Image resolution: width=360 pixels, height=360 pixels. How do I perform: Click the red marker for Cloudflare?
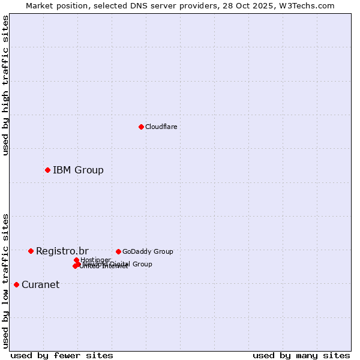pyautogui.click(x=141, y=127)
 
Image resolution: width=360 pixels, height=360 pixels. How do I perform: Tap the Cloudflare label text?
pyautogui.click(x=161, y=127)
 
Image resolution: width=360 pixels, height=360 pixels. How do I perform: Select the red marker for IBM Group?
pyautogui.click(x=47, y=170)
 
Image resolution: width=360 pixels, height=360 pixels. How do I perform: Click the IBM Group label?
pyautogui.click(x=78, y=170)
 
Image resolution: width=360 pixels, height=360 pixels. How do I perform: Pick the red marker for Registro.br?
pyautogui.click(x=31, y=251)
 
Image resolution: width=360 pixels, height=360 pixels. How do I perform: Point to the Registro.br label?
pyautogui.click(x=62, y=251)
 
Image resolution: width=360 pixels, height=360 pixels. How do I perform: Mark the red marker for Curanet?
pyautogui.click(x=16, y=284)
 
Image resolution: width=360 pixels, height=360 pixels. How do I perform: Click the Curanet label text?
pyautogui.click(x=40, y=284)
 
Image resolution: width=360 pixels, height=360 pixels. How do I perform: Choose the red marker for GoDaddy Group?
pyautogui.click(x=118, y=251)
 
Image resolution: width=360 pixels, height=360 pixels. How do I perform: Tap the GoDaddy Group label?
pyautogui.click(x=148, y=251)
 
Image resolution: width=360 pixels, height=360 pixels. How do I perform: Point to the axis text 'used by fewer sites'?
pyautogui.click(x=62, y=355)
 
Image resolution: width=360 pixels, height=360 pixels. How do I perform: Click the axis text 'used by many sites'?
pyautogui.click(x=301, y=355)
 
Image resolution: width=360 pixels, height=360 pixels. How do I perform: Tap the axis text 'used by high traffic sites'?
pyautogui.click(x=5, y=86)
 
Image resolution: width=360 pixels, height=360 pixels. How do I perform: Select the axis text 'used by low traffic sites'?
pyautogui.click(x=5, y=281)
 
